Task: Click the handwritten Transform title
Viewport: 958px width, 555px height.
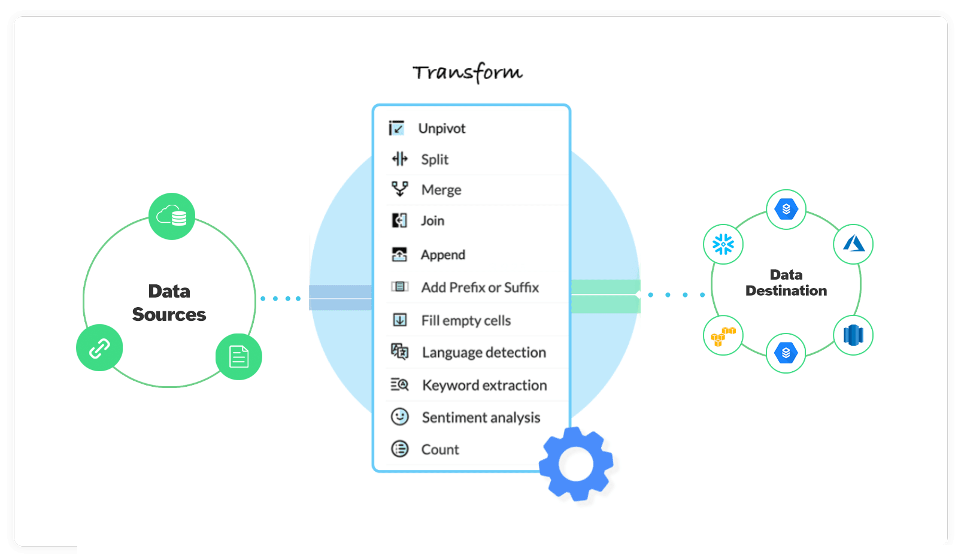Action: [x=468, y=72]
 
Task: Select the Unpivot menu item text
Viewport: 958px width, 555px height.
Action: [x=442, y=129]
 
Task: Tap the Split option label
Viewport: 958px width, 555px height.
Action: [x=435, y=159]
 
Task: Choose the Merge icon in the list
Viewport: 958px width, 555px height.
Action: [x=400, y=189]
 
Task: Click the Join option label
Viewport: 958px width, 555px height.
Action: [x=432, y=221]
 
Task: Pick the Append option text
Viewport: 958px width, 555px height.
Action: [x=442, y=255]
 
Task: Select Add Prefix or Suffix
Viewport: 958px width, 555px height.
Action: [x=480, y=287]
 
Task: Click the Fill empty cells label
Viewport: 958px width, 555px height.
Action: [x=466, y=321]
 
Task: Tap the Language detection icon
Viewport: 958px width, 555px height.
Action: [x=400, y=351]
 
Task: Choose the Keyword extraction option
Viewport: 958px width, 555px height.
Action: [x=484, y=385]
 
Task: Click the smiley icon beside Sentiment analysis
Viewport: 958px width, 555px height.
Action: [x=400, y=417]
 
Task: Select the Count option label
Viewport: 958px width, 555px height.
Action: [x=440, y=450]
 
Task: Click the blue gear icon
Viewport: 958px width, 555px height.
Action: [x=576, y=464]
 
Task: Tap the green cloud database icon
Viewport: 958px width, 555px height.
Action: [x=172, y=216]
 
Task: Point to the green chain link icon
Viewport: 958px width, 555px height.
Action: [x=99, y=348]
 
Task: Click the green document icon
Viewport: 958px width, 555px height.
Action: [x=239, y=357]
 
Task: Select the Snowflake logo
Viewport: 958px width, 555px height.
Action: [x=723, y=244]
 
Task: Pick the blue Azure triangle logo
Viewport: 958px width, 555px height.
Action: [x=853, y=244]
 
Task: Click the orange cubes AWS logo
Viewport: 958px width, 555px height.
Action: [x=723, y=335]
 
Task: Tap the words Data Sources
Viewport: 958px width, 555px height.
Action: [x=169, y=303]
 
